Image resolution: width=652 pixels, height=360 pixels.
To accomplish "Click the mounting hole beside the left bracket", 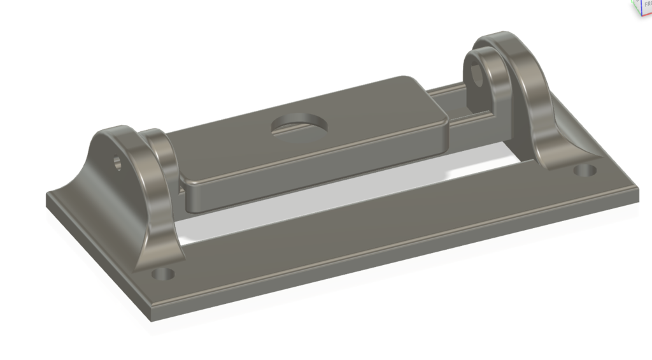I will coord(164,275).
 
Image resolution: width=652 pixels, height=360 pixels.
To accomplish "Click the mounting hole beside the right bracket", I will coord(585,171).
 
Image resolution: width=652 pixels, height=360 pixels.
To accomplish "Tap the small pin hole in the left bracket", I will coord(118,162).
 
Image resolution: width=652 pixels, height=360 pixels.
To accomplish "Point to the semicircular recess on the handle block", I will coord(299,126).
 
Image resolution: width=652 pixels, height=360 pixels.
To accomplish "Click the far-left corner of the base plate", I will coord(48,194).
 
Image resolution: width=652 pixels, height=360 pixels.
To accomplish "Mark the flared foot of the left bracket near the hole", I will coord(153,255).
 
